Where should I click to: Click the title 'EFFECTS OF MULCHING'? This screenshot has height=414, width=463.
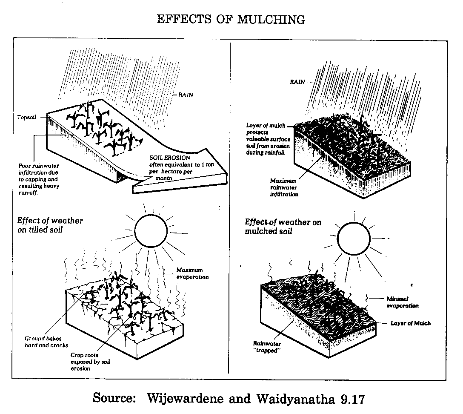coord(231,20)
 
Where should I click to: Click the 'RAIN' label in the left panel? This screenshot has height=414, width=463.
coord(186,95)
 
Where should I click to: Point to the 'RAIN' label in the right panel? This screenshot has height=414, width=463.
coord(297,82)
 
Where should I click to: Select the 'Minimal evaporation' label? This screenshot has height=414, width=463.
coord(403,302)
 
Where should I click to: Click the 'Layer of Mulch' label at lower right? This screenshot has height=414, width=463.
coord(411,323)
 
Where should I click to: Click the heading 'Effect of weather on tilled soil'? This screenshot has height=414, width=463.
coord(50,225)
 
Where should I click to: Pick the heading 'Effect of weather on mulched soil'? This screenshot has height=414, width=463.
coord(283,227)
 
